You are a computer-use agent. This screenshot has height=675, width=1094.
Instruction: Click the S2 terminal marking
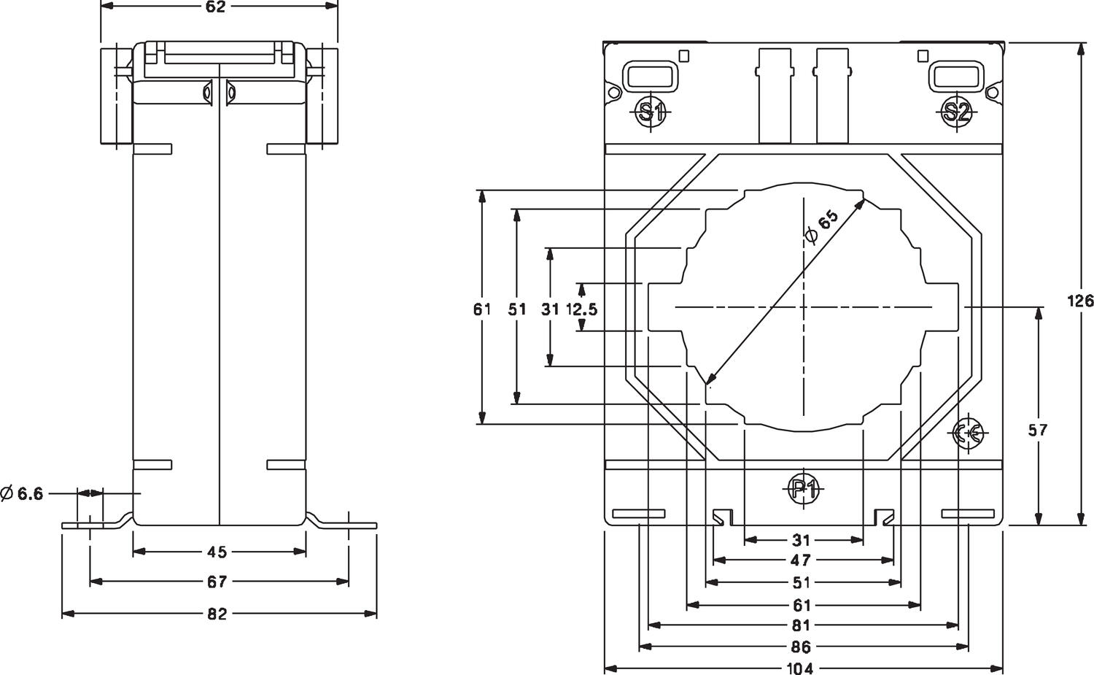[955, 112]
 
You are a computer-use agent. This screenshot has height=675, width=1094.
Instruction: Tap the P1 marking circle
[803, 489]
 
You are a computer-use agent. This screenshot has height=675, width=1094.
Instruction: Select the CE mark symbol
[970, 433]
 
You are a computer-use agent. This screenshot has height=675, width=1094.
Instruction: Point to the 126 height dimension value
[1080, 300]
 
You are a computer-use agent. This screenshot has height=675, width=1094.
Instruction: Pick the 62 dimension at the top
[217, 7]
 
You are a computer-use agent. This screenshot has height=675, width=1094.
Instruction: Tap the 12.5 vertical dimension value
[581, 309]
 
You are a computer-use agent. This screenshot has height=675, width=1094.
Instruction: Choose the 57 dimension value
[1037, 430]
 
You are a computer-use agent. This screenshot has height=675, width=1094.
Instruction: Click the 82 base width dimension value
[217, 614]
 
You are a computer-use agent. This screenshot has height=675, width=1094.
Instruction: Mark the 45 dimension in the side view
[217, 552]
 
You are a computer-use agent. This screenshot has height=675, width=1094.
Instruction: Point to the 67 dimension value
[217, 581]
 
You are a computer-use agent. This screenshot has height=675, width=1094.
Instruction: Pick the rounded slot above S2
[955, 75]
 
